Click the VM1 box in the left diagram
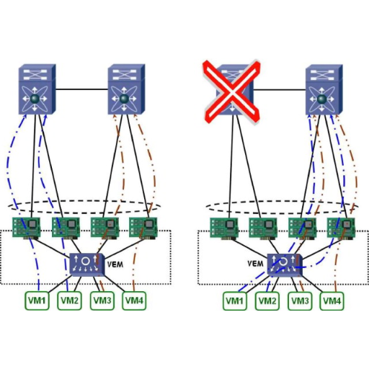(x=37, y=301)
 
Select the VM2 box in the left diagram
(x=69, y=301)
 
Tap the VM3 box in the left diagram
(x=102, y=301)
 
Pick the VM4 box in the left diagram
(x=134, y=301)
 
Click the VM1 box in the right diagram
(x=235, y=301)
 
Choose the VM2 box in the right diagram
(x=267, y=301)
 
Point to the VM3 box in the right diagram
(x=300, y=301)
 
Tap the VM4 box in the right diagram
(x=332, y=301)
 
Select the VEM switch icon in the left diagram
(x=87, y=264)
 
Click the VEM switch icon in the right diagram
(x=285, y=264)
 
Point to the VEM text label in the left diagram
(x=115, y=264)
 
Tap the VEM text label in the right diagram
(x=255, y=264)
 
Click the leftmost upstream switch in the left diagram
(x=37, y=89)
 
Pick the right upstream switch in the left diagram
(x=126, y=89)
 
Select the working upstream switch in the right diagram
(x=324, y=89)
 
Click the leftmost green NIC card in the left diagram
(x=27, y=228)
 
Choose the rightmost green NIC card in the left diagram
(x=143, y=228)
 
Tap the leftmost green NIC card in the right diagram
(x=224, y=228)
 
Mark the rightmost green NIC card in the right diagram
(x=341, y=228)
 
